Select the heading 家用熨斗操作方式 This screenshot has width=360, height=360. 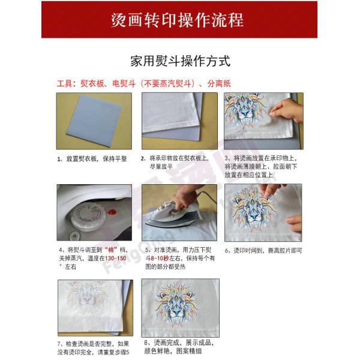coord(180,61)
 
